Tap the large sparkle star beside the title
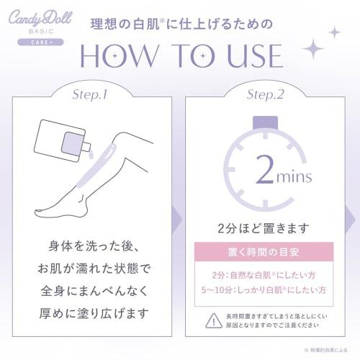(x=315, y=48)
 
